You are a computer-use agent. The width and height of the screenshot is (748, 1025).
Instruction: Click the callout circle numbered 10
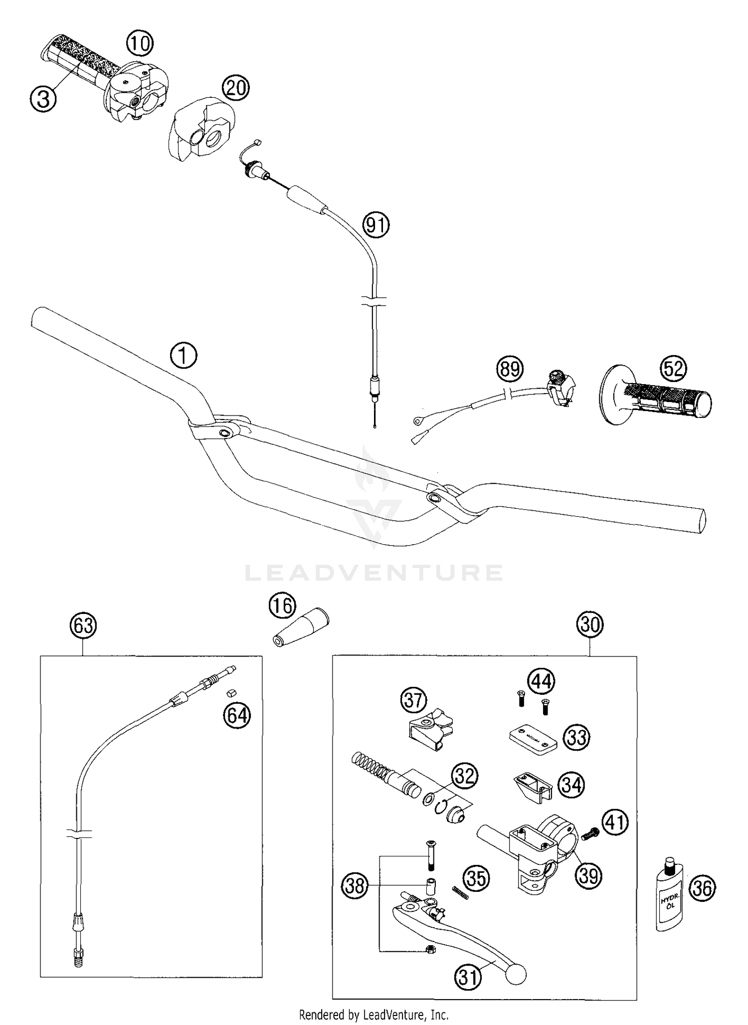(140, 44)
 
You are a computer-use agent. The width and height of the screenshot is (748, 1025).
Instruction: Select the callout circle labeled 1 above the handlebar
(184, 356)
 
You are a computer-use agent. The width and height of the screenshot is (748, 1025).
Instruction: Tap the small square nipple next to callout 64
(231, 692)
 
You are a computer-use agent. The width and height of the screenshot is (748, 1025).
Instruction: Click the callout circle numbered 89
(510, 370)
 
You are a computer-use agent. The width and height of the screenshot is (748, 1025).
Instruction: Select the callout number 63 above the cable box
(83, 625)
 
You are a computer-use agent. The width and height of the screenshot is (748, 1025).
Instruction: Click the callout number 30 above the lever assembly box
(590, 624)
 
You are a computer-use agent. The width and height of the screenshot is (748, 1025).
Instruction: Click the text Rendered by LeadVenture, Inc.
(374, 1015)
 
